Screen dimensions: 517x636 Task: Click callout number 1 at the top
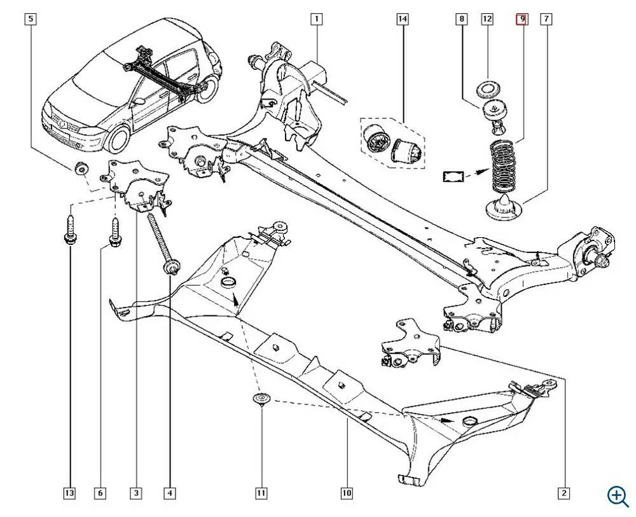point(316,19)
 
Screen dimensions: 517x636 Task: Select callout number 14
point(402,19)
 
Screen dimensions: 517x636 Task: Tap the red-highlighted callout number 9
point(521,19)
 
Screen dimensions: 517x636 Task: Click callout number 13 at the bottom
point(69,493)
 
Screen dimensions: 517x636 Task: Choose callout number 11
point(261,493)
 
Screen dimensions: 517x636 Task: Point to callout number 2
point(563,493)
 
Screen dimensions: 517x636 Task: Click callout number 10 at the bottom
point(346,493)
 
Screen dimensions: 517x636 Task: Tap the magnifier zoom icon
point(618,495)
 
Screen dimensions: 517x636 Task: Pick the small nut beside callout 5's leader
point(81,169)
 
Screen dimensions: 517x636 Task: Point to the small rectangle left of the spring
point(453,176)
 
